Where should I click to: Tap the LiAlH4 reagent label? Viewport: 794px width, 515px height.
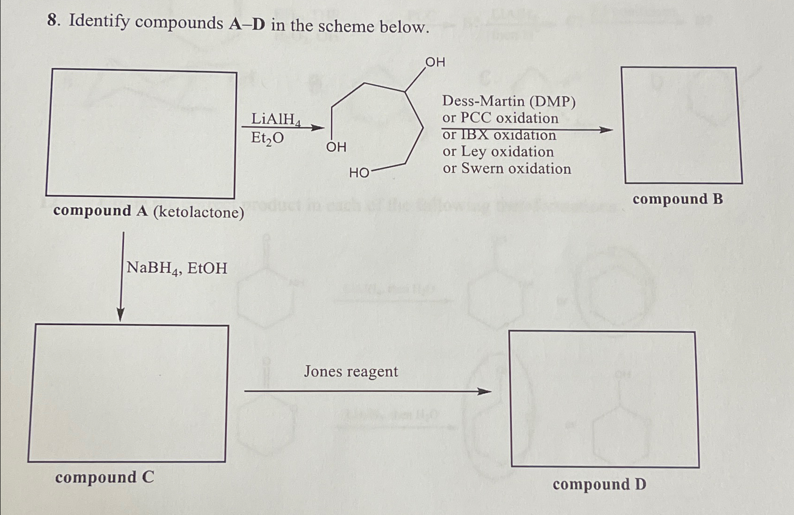click(x=275, y=120)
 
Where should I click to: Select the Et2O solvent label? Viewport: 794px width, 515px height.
click(x=267, y=138)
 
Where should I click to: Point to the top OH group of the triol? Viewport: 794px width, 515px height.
click(x=435, y=62)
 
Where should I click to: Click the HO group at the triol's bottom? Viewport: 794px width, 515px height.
click(x=359, y=173)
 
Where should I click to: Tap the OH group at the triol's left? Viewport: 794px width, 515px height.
click(x=336, y=147)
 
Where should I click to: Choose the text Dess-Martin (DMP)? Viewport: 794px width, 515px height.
click(x=509, y=101)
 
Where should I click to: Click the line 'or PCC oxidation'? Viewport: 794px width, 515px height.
click(x=500, y=118)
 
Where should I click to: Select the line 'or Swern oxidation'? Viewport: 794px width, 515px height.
click(x=507, y=169)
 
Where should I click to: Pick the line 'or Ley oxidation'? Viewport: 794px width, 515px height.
click(x=498, y=152)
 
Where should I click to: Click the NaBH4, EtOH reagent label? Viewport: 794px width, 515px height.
click(x=177, y=268)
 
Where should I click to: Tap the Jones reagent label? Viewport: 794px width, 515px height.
click(x=351, y=372)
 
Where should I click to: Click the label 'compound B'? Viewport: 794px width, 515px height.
click(x=677, y=200)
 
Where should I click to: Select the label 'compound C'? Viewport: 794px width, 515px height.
click(x=104, y=478)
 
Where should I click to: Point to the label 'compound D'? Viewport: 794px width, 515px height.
click(x=599, y=484)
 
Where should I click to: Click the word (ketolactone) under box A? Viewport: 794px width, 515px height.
click(x=199, y=213)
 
